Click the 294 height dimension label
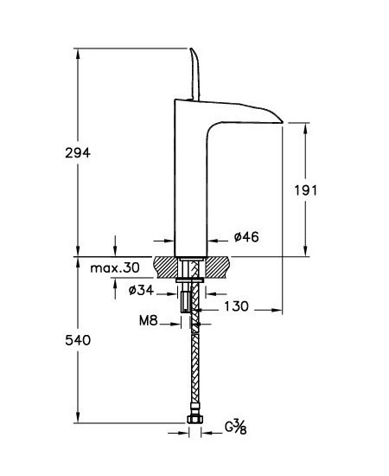click(x=78, y=153)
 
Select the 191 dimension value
click(x=306, y=190)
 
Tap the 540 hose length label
click(x=78, y=340)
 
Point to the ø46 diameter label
click(x=246, y=237)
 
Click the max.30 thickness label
click(x=115, y=267)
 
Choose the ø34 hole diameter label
click(x=141, y=290)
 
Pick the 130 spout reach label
click(x=237, y=306)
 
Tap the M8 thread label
click(x=149, y=320)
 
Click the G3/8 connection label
click(x=236, y=428)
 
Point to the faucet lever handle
click(x=195, y=74)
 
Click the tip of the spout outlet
click(x=283, y=123)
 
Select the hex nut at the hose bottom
click(x=194, y=420)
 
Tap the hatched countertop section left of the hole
click(x=166, y=267)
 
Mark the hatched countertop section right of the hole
click(x=219, y=267)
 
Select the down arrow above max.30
click(x=115, y=246)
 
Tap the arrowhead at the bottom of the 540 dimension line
click(x=78, y=417)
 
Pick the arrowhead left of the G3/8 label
click(x=182, y=433)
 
